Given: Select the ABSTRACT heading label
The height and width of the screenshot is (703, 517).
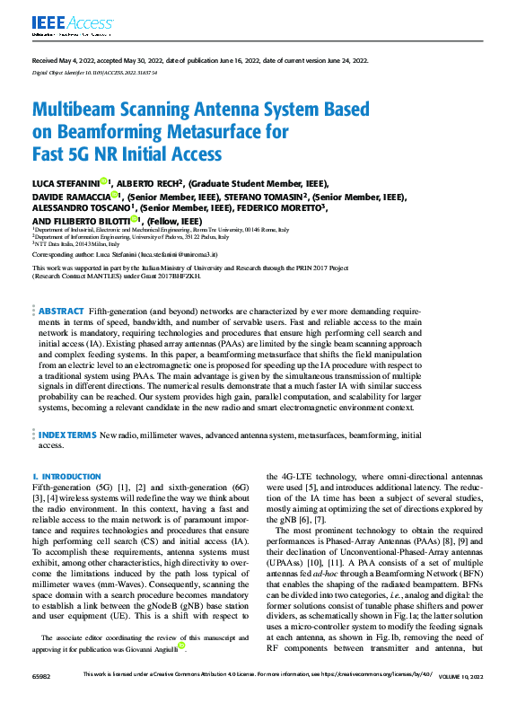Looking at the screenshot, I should click(61, 310).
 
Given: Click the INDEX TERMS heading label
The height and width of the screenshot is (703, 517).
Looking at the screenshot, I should click(66, 435).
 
